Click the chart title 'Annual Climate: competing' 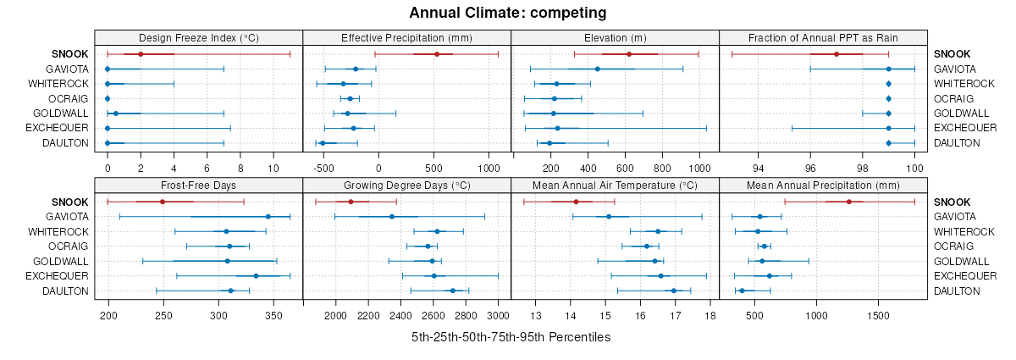point(508,13)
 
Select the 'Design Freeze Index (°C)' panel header point(198,37)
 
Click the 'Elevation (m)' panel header point(615,37)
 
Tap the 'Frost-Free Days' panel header point(198,186)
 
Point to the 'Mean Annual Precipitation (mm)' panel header point(823,186)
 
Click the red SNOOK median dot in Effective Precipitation point(437,54)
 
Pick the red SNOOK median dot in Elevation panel point(629,54)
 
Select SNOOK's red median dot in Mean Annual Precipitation point(849,202)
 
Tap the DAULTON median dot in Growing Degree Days point(453,291)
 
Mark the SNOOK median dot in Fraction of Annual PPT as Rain point(837,54)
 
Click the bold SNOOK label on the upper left point(69,53)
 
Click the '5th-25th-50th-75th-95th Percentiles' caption point(511,337)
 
